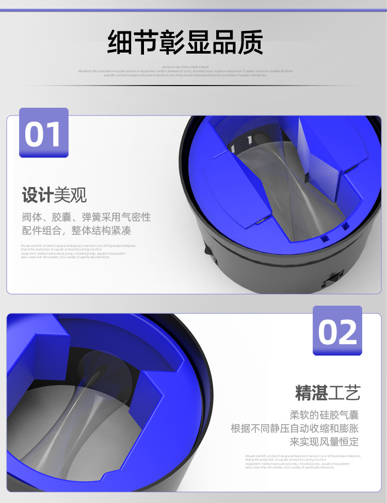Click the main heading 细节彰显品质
185,43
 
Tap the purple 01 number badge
44,133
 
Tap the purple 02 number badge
337,331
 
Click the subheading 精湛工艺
328,393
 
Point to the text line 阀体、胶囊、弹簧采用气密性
86,217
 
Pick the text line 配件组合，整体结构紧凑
76,230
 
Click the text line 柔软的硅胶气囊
324,415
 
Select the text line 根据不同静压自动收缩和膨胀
295,429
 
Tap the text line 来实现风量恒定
324,442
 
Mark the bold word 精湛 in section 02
312,393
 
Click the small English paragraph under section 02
302,461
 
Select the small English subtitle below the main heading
185,71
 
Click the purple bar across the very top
193,10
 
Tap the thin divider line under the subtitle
193,86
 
